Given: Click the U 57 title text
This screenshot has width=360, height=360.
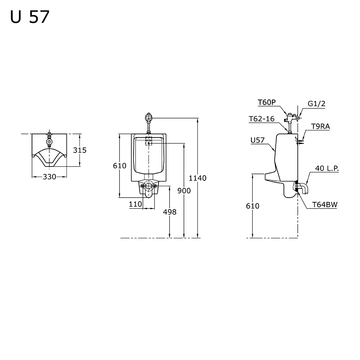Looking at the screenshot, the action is pyautogui.click(x=30, y=17).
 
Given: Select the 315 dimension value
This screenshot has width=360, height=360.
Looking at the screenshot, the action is pyautogui.click(x=80, y=150).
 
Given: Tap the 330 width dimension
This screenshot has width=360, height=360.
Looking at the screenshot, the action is pyautogui.click(x=49, y=177).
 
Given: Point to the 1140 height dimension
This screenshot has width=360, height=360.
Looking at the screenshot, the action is pyautogui.click(x=197, y=178).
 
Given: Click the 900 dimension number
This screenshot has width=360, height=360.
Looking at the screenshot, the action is pyautogui.click(x=184, y=190).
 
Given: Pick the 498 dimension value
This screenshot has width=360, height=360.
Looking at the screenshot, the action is pyautogui.click(x=170, y=212).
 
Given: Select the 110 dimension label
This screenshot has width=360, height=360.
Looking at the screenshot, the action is pyautogui.click(x=135, y=204).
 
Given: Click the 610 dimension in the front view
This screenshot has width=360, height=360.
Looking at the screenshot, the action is pyautogui.click(x=120, y=166).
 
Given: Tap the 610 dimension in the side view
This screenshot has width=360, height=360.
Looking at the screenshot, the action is pyautogui.click(x=253, y=206).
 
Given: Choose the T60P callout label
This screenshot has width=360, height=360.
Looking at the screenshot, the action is pyautogui.click(x=266, y=102).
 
